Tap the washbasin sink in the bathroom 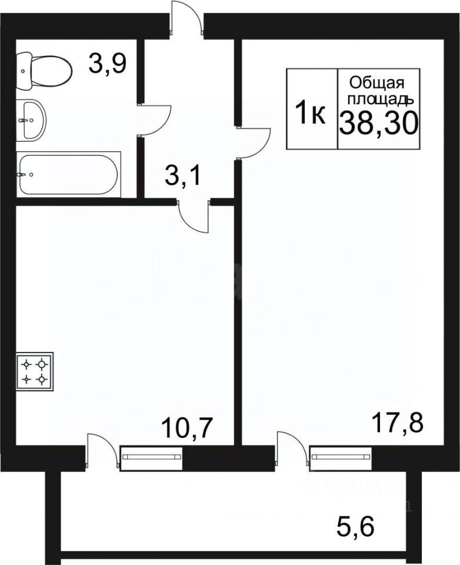pyautogui.click(x=32, y=119)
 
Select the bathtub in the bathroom pyautogui.click(x=68, y=174)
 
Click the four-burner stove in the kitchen pyautogui.click(x=35, y=371)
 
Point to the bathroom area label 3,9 pyautogui.click(x=107, y=64)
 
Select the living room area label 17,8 pyautogui.click(x=397, y=423)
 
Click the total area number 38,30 pyautogui.click(x=378, y=122)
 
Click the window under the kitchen pyautogui.click(x=152, y=458)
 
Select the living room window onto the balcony pyautogui.click(x=341, y=458)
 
